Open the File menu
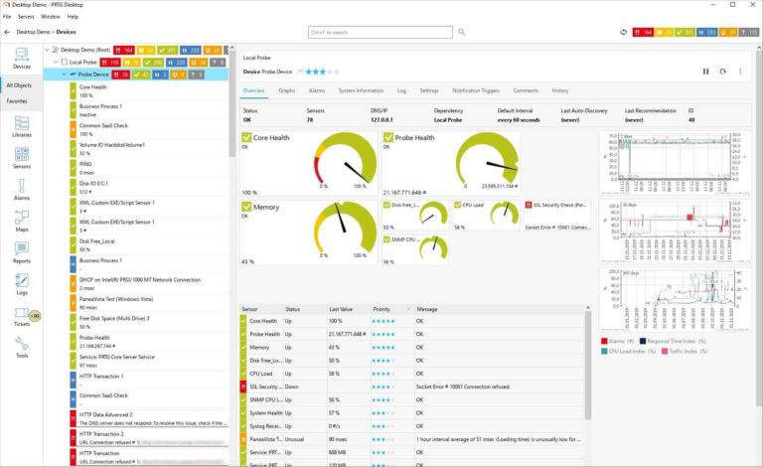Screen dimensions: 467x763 pos(7,17)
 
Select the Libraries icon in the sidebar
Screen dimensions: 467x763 pos(21,125)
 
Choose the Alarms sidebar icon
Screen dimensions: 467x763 pos(21,190)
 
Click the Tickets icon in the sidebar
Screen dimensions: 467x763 pos(21,316)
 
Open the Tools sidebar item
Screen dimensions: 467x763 pos(21,348)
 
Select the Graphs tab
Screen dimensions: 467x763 pos(286,90)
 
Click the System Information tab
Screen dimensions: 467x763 pos(361,90)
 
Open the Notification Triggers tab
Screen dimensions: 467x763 pos(476,90)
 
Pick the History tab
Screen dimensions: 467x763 pos(560,90)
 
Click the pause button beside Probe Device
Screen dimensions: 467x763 pos(706,72)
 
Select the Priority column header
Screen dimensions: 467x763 pos(381,309)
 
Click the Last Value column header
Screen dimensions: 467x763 pos(341,309)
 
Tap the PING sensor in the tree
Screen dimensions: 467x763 pos(87,164)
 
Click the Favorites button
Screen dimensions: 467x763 pos(18,100)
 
